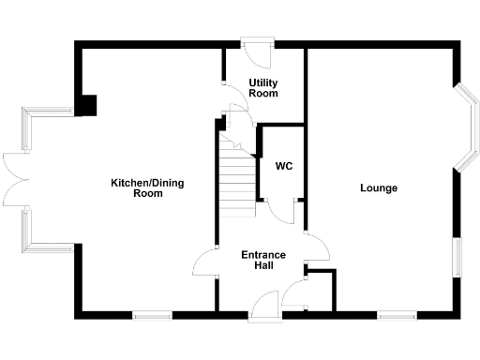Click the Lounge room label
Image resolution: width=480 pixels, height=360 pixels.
pyautogui.click(x=379, y=188)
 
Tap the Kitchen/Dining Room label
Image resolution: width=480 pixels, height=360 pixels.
pyautogui.click(x=148, y=187)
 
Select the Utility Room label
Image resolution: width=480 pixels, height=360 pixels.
pyautogui.click(x=263, y=88)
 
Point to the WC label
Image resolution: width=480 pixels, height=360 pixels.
pyautogui.click(x=284, y=167)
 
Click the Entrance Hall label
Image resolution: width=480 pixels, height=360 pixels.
pyautogui.click(x=263, y=260)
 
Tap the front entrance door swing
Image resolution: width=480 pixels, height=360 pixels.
pyautogui.click(x=266, y=304)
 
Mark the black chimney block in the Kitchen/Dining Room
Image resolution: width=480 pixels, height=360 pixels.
pyautogui.click(x=88, y=104)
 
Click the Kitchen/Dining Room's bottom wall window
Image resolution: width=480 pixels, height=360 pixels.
pyautogui.click(x=151, y=316)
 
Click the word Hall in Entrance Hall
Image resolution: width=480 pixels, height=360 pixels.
pyautogui.click(x=263, y=266)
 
